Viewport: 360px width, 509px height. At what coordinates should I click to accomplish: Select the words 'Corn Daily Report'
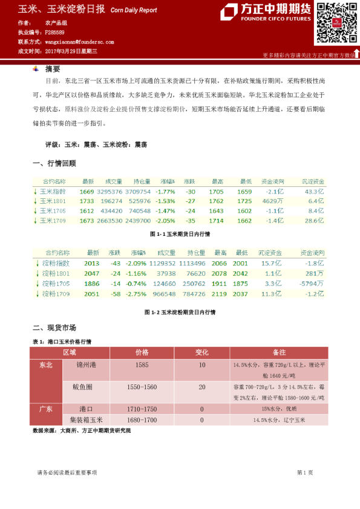coord(134,10)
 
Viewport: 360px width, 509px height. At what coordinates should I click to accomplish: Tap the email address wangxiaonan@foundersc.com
coord(79,42)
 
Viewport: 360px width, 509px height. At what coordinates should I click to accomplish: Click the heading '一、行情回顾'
coord(54,163)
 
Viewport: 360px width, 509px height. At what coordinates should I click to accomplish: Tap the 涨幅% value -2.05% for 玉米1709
coord(165,221)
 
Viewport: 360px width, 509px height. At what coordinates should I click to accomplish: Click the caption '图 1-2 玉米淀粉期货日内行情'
coord(180,313)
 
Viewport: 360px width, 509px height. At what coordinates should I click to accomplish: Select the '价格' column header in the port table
coord(142,352)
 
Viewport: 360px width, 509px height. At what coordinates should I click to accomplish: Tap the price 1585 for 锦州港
coord(142,366)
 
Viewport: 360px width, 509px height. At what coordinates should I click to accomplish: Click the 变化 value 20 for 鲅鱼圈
coord(201,387)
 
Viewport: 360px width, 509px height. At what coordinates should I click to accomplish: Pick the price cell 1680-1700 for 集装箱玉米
coord(142,420)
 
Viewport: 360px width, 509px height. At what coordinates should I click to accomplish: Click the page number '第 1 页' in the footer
coord(304,472)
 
